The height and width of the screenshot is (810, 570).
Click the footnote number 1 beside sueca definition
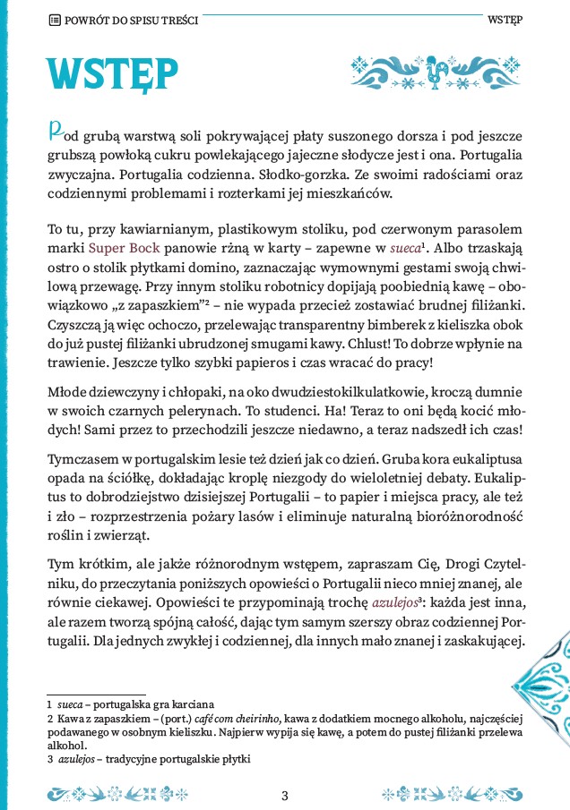pyautogui.click(x=50, y=704)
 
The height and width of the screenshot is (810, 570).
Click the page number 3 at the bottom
pyautogui.click(x=285, y=794)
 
